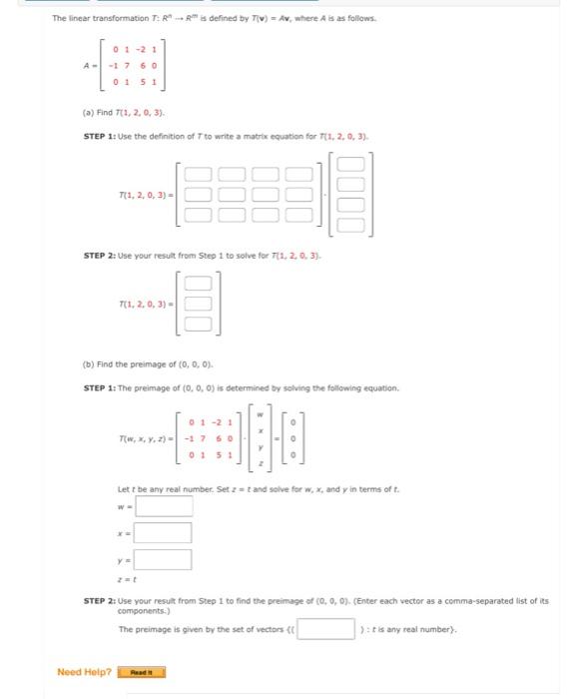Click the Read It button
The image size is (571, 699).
[x=141, y=672]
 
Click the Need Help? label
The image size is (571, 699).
[x=84, y=672]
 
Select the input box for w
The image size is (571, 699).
[x=163, y=506]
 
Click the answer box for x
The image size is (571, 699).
[x=163, y=532]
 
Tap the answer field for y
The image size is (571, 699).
[x=163, y=559]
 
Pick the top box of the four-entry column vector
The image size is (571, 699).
[x=350, y=164]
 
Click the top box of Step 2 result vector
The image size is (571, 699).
[x=198, y=284]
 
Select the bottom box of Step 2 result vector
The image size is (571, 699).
[x=198, y=324]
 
